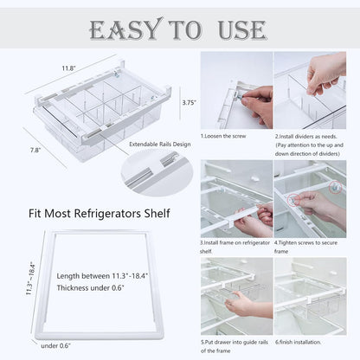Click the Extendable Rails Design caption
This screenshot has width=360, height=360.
161,144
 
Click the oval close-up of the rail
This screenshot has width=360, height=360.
157,172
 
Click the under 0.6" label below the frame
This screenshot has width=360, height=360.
58,345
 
